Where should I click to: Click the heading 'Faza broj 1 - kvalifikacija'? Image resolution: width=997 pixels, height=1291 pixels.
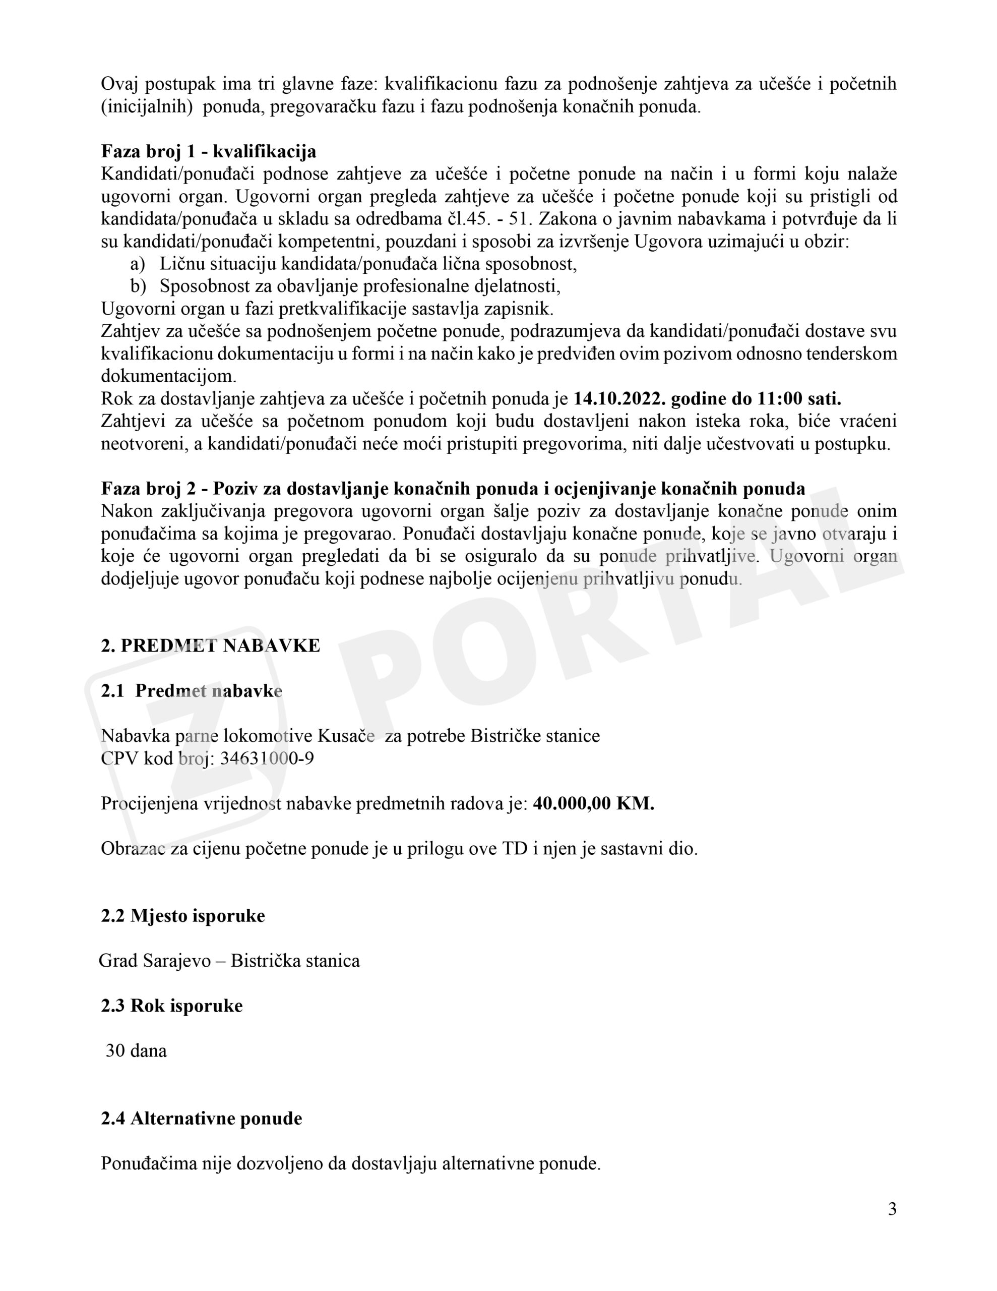(208, 152)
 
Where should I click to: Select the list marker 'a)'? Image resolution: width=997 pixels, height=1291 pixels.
(137, 264)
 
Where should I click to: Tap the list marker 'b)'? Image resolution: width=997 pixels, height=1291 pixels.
(138, 286)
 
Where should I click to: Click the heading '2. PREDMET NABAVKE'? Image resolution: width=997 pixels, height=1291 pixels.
(210, 645)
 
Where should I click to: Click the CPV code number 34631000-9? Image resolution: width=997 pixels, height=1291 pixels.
(267, 758)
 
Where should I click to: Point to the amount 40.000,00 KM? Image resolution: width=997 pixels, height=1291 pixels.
(593, 804)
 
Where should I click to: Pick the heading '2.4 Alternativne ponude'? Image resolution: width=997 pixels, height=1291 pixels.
(201, 1119)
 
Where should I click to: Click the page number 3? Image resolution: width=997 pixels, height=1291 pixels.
(892, 1209)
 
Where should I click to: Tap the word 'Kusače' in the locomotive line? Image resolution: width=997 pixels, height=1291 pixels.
(346, 736)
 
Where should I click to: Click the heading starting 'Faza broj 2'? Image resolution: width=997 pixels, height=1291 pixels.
(453, 489)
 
